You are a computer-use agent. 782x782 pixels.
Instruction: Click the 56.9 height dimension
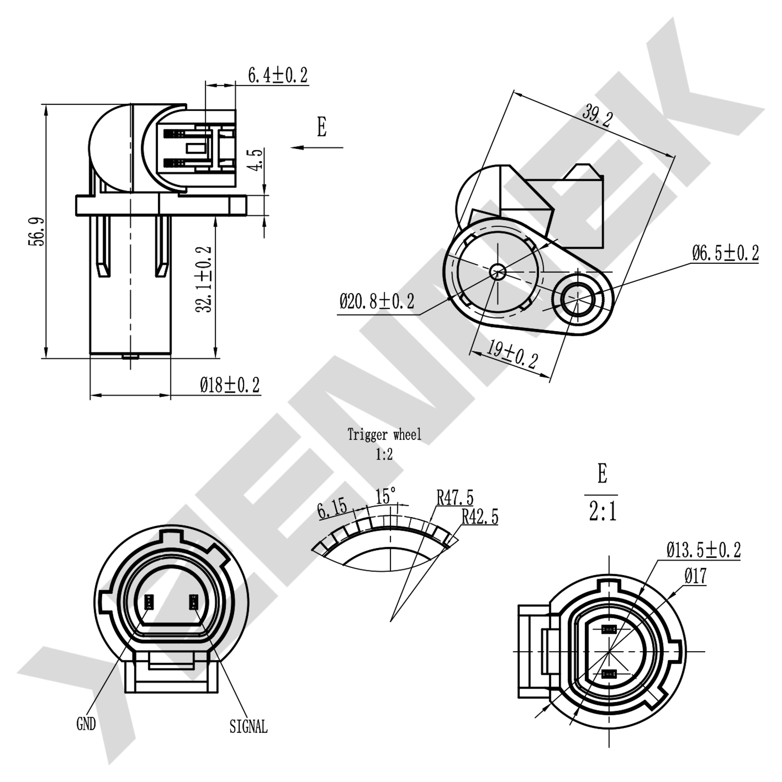pyautogui.click(x=36, y=231)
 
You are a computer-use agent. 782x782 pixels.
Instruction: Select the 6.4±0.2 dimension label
pyautogui.click(x=277, y=76)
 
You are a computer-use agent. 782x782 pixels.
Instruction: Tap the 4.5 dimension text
pyautogui.click(x=255, y=160)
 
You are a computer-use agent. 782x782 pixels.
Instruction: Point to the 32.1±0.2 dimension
pyautogui.click(x=204, y=279)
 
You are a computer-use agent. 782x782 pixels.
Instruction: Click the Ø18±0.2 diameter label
pyautogui.click(x=230, y=386)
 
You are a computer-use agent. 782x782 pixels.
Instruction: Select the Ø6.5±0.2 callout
pyautogui.click(x=725, y=254)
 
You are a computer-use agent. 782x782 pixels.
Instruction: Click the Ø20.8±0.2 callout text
pyautogui.click(x=377, y=301)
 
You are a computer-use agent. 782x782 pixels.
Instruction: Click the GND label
pyautogui.click(x=86, y=724)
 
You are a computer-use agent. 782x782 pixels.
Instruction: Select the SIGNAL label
pyautogui.click(x=248, y=726)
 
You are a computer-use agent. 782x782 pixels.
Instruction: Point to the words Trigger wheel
pyautogui.click(x=384, y=434)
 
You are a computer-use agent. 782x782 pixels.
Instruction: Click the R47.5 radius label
pyautogui.click(x=455, y=497)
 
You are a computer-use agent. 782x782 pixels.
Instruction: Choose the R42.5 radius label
pyautogui.click(x=480, y=517)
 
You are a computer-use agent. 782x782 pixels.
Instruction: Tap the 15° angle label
pyautogui.click(x=386, y=496)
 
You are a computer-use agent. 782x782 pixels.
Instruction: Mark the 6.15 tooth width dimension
pyautogui.click(x=332, y=509)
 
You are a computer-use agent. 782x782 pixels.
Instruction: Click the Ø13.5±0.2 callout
pyautogui.click(x=703, y=549)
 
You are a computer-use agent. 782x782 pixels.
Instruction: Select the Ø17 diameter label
pyautogui.click(x=695, y=576)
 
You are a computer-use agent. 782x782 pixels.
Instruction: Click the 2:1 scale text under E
pyautogui.click(x=603, y=512)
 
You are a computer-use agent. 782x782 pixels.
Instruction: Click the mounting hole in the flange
pyautogui.click(x=578, y=297)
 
